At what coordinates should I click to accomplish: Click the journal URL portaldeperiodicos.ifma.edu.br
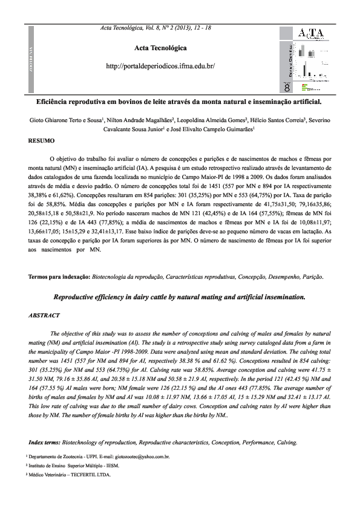coord(160,65)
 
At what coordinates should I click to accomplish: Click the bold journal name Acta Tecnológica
coord(160,47)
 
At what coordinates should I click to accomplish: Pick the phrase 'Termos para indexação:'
coord(59,277)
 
